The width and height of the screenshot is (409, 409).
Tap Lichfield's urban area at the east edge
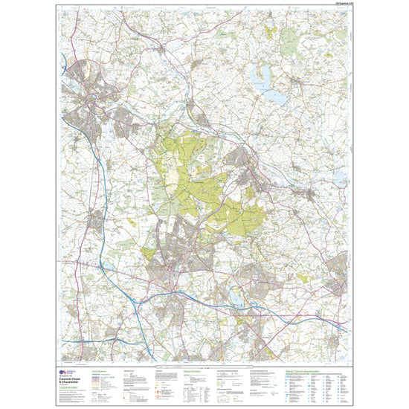point(338,271)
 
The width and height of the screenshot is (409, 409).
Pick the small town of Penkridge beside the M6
point(96,219)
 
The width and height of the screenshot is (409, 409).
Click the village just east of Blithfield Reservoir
point(297,82)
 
